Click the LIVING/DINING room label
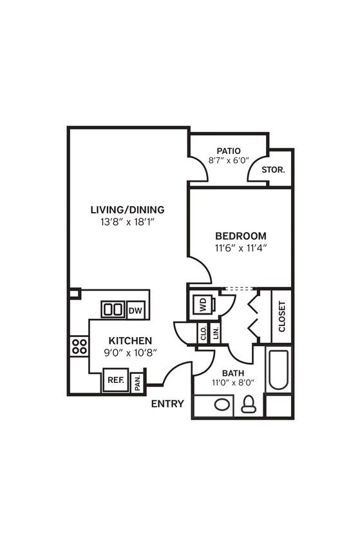pyautogui.click(x=128, y=209)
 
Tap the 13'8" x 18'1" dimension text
pyautogui.click(x=128, y=222)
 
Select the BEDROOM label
pyautogui.click(x=240, y=236)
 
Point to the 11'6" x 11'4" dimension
pyautogui.click(x=240, y=248)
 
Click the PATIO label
pyautogui.click(x=229, y=151)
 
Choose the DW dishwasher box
pyautogui.click(x=135, y=311)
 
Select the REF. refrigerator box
pyautogui.click(x=115, y=380)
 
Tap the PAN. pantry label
pyautogui.click(x=138, y=383)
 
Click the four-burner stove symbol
pyautogui.click(x=79, y=345)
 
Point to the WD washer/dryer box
pyautogui.click(x=202, y=305)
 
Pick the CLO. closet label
pyautogui.click(x=204, y=333)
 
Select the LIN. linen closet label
pyautogui.click(x=216, y=333)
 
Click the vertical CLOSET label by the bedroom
pyautogui.click(x=282, y=316)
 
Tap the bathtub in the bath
pyautogui.click(x=278, y=369)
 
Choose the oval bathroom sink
pyautogui.click(x=222, y=405)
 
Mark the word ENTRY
pyautogui.click(x=167, y=404)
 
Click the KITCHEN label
pyautogui.click(x=130, y=340)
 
